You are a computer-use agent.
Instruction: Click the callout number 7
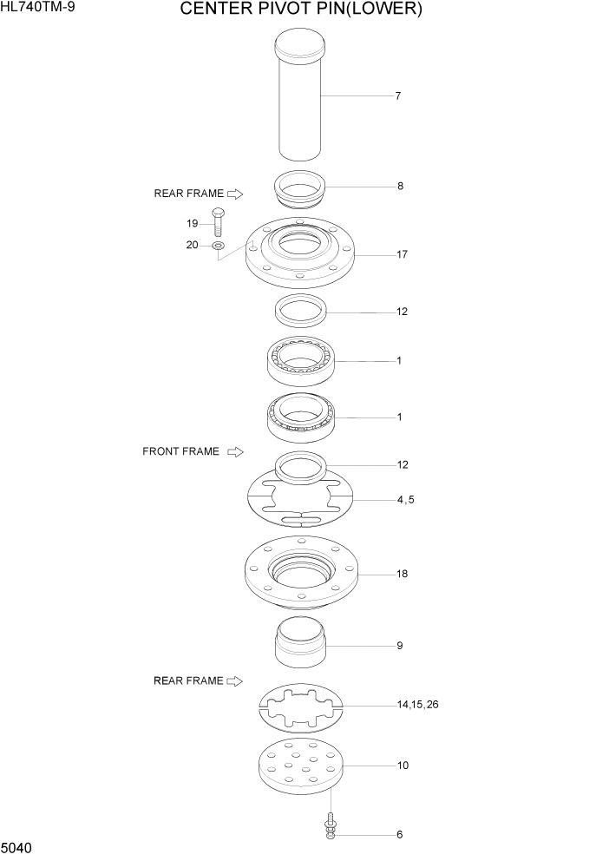point(397,96)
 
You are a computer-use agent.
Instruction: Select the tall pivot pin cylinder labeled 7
point(299,100)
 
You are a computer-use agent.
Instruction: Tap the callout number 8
point(399,186)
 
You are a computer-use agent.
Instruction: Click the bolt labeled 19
point(218,223)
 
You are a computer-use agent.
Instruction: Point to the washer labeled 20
point(218,246)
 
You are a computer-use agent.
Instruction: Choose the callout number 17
point(401,255)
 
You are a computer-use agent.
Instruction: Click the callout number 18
point(401,574)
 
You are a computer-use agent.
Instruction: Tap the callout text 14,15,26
point(417,705)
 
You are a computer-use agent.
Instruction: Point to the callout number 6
point(399,835)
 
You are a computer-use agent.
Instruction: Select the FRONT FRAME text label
point(180,451)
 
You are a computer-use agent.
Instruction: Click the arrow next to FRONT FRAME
point(235,451)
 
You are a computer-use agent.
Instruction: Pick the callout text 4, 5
point(405,499)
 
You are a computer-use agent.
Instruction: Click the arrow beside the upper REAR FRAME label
point(235,194)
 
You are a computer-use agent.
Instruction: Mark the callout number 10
point(403,766)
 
